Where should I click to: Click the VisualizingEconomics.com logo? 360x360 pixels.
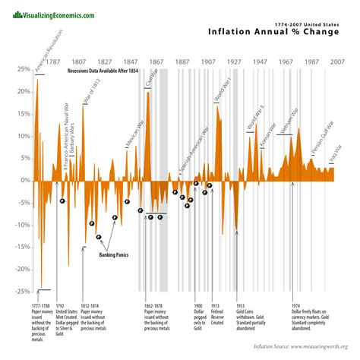(x=49, y=15)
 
